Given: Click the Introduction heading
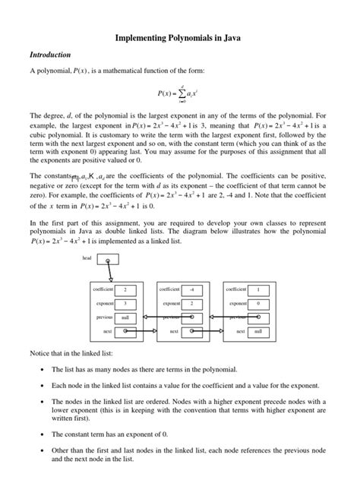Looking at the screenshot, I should pos(50,55).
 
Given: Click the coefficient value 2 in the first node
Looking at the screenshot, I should pos(125,289).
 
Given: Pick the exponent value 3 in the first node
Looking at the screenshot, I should pos(125,304).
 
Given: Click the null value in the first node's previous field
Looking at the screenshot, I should pos(125,317).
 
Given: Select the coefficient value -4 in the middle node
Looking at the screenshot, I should pos(192,289).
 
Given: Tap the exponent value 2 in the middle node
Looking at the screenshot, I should pos(192,304).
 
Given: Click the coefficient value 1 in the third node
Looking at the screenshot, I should pos(258,289).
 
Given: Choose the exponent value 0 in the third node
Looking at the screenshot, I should pos(258,304).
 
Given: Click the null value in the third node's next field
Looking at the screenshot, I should pos(258,332).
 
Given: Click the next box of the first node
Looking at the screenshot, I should pos(125,332).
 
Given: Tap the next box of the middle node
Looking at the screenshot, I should pos(192,332).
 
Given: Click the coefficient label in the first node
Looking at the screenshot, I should pos(103,289).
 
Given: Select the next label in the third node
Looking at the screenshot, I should pos(241,332).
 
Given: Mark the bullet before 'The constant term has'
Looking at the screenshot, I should pos(41,434).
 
